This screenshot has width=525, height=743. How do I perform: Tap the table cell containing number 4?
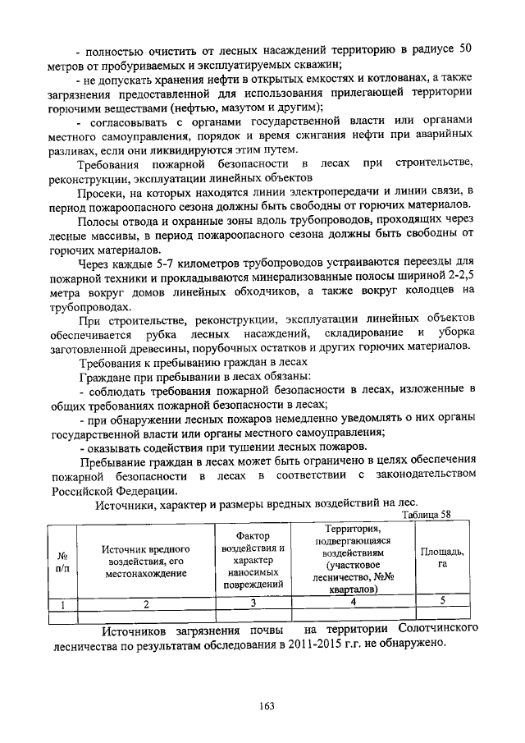(x=353, y=603)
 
